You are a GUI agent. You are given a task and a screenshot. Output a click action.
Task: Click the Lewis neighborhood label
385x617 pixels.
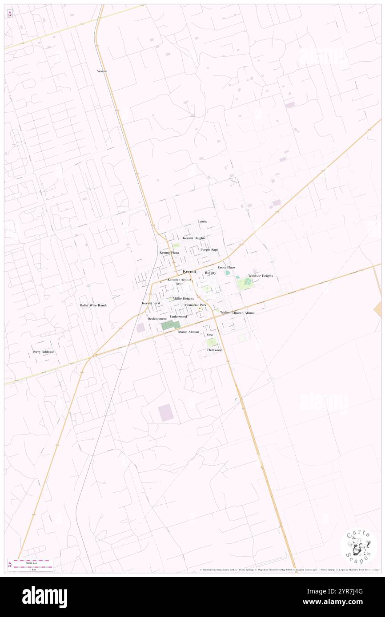(202, 221)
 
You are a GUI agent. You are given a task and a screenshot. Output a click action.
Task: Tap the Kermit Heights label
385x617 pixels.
(194, 238)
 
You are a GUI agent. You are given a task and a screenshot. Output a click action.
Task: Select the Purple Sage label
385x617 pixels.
(209, 249)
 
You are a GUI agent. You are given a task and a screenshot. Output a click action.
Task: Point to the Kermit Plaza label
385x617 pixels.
(169, 253)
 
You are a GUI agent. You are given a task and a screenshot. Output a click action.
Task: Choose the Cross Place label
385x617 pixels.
(226, 268)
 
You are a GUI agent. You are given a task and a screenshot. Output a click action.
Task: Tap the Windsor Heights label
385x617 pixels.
(261, 276)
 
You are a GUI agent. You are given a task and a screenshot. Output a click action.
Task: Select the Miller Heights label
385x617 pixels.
(183, 299)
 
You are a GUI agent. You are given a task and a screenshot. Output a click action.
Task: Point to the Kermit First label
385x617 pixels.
(151, 303)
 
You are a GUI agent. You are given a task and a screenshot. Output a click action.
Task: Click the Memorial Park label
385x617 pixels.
(195, 305)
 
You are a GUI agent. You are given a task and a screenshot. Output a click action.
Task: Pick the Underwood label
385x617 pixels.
(178, 316)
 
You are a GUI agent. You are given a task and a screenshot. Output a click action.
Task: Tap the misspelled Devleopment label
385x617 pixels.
(157, 319)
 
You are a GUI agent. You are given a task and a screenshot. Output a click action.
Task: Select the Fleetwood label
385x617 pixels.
(214, 350)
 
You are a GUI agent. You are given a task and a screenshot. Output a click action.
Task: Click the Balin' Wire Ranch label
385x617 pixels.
(93, 305)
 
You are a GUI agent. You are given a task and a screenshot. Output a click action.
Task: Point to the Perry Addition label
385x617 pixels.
(44, 352)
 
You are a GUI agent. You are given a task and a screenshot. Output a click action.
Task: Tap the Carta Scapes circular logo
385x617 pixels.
(359, 547)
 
